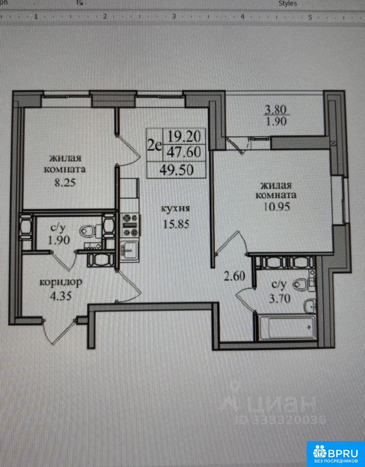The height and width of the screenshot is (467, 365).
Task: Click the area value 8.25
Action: click(65, 182)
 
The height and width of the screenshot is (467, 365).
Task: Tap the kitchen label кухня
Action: click(176, 208)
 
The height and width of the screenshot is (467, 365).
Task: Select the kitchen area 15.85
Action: click(176, 224)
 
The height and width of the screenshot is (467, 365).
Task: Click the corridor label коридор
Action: click(61, 282)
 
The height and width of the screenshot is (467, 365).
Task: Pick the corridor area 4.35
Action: click(61, 296)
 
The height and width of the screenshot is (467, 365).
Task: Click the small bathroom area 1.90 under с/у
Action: click(59, 240)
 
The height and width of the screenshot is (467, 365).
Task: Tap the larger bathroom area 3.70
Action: click(280, 298)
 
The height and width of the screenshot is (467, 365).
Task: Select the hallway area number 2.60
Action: click(235, 277)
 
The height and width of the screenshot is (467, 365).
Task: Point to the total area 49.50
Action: click(177, 170)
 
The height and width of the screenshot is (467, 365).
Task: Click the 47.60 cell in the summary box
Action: click(183, 152)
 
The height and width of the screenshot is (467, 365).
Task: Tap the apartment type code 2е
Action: click(155, 145)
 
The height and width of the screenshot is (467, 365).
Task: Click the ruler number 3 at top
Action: click(174, 17)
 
